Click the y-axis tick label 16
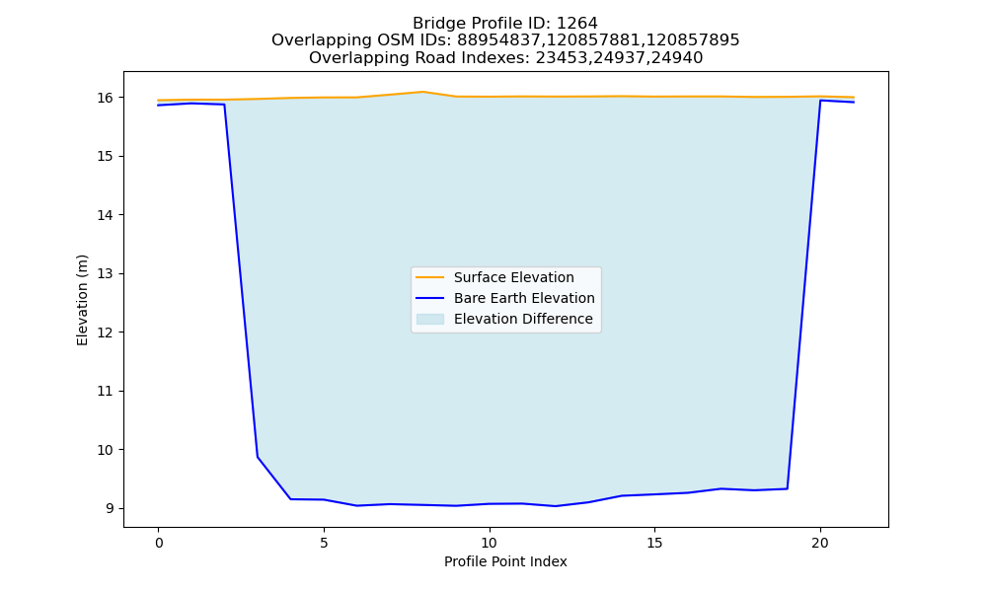click(106, 98)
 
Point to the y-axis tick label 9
click(110, 508)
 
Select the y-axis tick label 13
click(106, 273)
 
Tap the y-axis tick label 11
click(106, 391)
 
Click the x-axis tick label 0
click(159, 543)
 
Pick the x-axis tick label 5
click(324, 543)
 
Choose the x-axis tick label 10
click(490, 543)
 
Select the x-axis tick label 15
click(654, 543)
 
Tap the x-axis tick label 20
click(820, 543)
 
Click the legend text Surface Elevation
click(513, 277)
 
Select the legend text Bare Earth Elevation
click(524, 298)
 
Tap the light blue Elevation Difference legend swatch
click(430, 319)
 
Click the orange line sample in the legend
click(430, 277)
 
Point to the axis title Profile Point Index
click(505, 561)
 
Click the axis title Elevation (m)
click(82, 300)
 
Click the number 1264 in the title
click(577, 24)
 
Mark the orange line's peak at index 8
click(423, 92)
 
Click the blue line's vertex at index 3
click(258, 457)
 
